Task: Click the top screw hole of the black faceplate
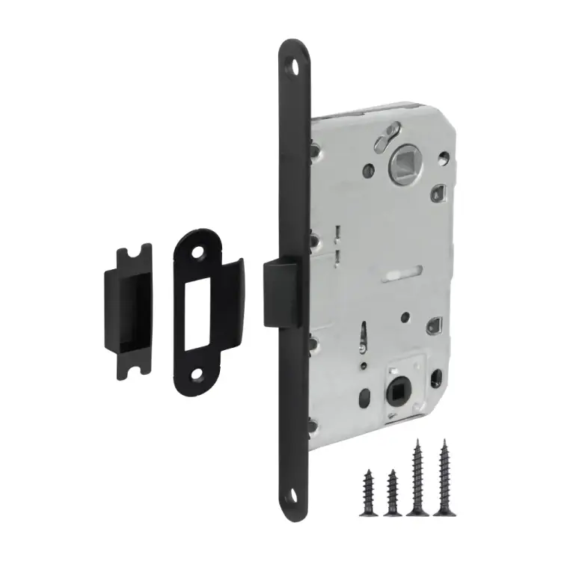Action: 293,64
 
